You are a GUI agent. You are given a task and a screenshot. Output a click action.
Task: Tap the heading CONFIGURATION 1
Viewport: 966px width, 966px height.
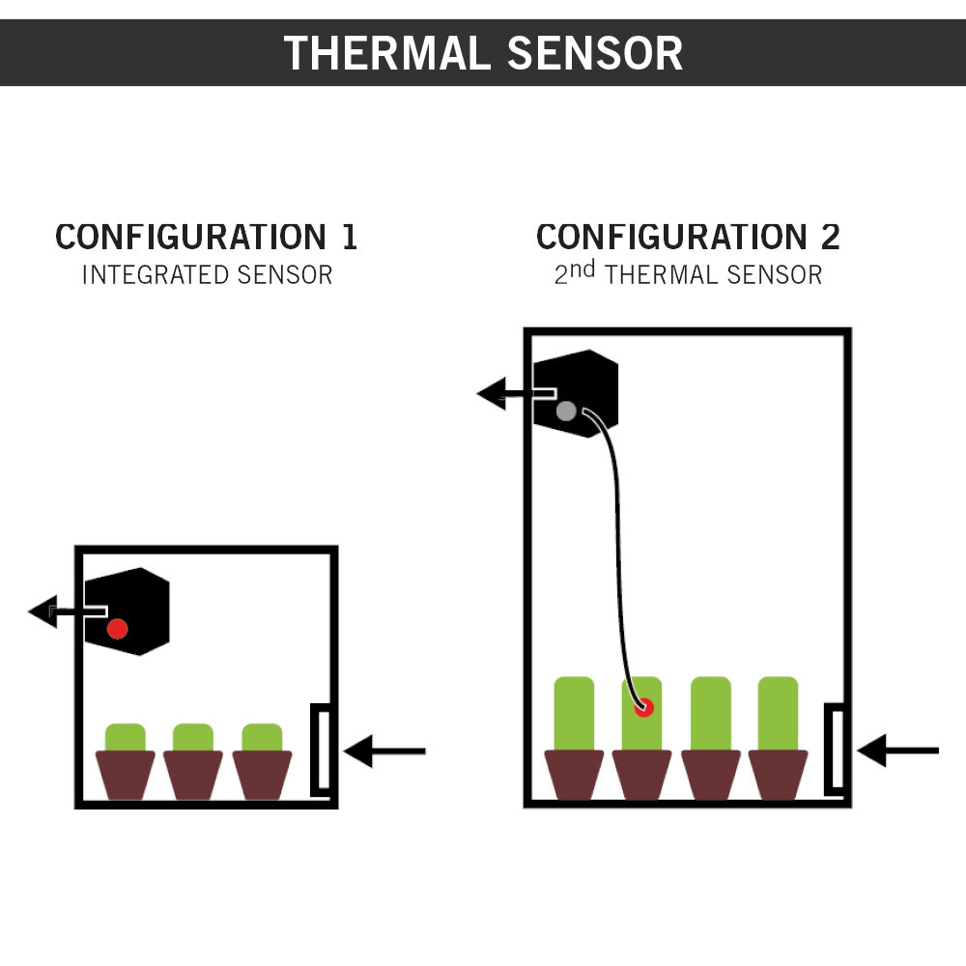pos(206,237)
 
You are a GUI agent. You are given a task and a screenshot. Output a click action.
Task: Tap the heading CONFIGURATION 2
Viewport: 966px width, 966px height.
pos(688,237)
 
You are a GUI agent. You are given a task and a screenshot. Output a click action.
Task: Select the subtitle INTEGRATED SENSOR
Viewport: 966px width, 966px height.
pos(207,275)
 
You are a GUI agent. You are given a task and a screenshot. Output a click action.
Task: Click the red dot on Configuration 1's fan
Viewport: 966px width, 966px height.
pos(117,628)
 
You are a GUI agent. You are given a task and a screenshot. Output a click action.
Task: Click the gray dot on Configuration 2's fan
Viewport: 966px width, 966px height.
pos(567,411)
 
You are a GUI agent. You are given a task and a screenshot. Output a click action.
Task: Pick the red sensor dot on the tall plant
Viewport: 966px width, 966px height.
pos(643,707)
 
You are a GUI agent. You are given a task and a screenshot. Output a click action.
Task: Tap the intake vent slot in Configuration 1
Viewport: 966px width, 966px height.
pos(322,750)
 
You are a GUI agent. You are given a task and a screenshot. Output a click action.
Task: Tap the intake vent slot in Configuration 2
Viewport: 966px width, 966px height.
pos(836,750)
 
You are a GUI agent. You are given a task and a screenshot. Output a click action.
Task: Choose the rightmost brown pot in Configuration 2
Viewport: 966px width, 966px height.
pos(779,775)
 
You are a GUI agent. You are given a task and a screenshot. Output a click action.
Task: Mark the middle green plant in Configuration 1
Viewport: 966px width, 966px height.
pos(193,737)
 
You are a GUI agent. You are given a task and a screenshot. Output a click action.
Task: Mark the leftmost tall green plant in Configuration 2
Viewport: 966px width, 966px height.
pos(574,713)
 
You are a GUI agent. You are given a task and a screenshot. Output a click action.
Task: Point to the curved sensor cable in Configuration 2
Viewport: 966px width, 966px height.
pos(617,541)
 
